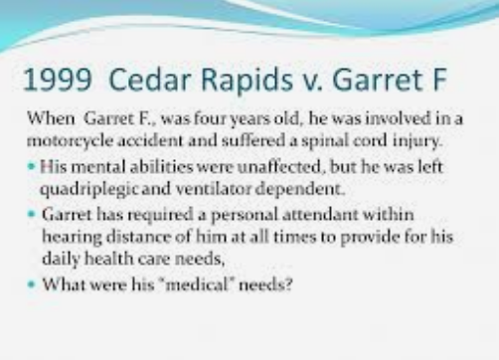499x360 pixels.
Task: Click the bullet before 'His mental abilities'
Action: (x=36, y=163)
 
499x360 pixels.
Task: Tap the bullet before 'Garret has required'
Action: (x=36, y=214)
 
